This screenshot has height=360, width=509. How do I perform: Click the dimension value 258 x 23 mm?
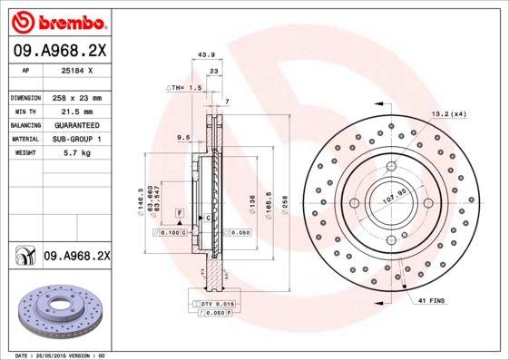click(x=75, y=97)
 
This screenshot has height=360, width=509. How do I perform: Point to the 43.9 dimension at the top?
click(x=206, y=55)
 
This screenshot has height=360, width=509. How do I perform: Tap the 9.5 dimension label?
click(x=182, y=138)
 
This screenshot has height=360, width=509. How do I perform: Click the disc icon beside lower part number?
click(x=21, y=257)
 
